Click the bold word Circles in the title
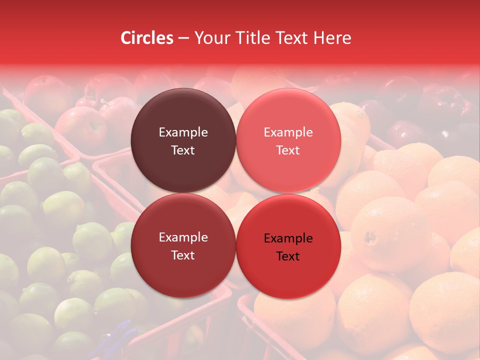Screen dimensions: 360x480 (x=146, y=38)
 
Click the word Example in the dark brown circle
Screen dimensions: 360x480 (x=183, y=132)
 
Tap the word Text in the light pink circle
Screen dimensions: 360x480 (x=288, y=150)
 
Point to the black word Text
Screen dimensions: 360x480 (x=288, y=256)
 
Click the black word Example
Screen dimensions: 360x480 (x=288, y=238)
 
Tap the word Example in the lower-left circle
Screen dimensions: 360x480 (x=183, y=237)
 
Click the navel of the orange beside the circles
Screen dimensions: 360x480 (x=370, y=236)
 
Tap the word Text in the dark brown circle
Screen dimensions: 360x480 (x=183, y=150)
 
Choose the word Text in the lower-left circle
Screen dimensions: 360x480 (x=183, y=255)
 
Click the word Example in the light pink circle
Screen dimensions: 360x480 (x=288, y=132)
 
